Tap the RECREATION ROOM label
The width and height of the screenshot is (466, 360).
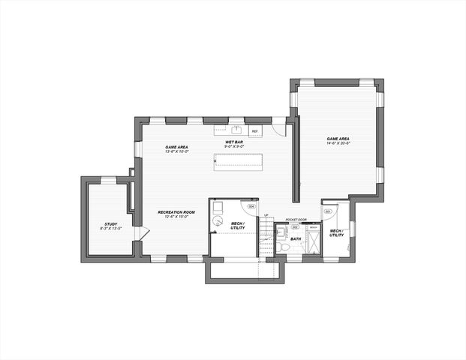[x=176, y=212]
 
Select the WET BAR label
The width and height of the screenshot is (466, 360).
[x=233, y=141]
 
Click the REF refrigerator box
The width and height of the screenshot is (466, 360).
[x=255, y=131]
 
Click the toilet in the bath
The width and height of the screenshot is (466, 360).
[x=283, y=247]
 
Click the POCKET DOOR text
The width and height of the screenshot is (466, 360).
[x=296, y=220]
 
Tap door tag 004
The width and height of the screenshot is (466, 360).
[x=251, y=206]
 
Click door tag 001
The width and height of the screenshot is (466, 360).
[x=328, y=211]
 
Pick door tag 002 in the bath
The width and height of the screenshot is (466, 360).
[x=294, y=226]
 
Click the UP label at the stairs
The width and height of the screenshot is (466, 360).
[x=266, y=216]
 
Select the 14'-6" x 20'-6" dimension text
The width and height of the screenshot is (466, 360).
[x=337, y=143]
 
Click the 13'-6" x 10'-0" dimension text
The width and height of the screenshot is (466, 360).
[x=176, y=151]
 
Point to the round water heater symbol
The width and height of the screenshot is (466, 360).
[x=218, y=220]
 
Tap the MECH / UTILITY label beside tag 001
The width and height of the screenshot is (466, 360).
[x=337, y=232]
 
